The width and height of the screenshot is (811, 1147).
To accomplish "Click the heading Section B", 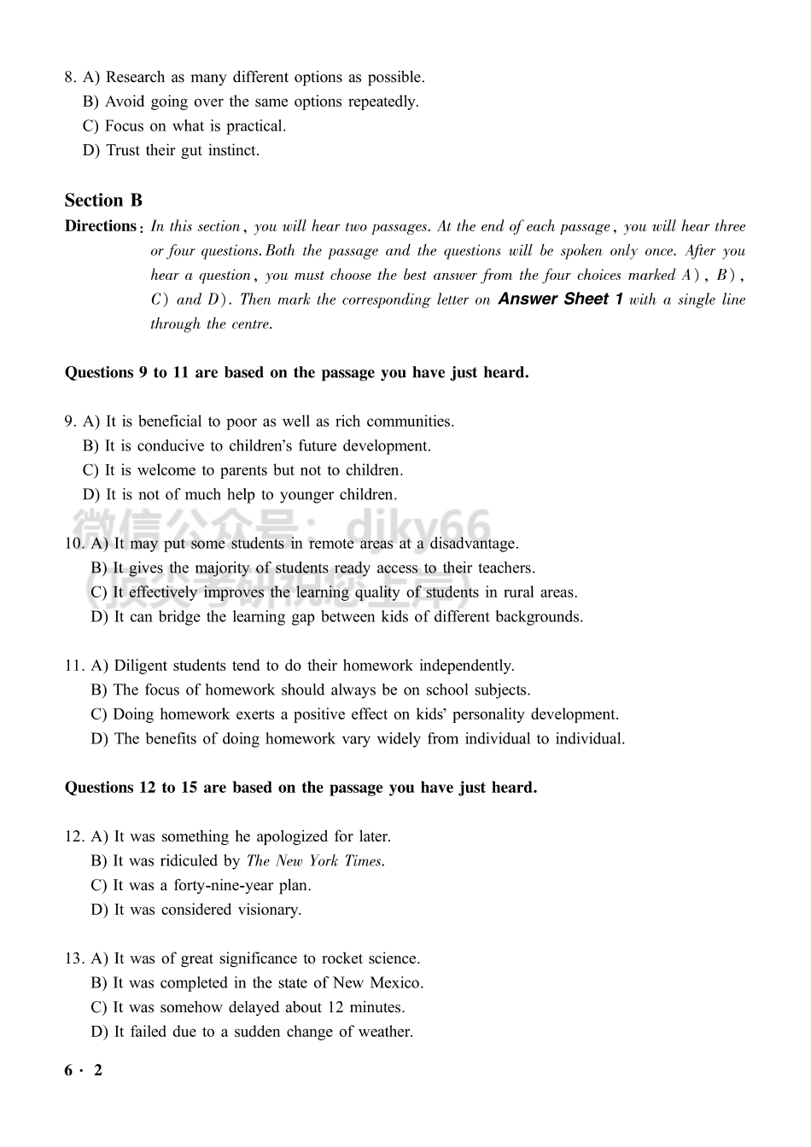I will tap(103, 201).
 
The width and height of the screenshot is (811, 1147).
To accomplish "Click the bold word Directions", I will tap(100, 226).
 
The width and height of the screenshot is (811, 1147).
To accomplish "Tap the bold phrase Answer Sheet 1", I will tap(560, 300).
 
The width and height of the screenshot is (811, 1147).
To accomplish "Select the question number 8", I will tap(70, 78).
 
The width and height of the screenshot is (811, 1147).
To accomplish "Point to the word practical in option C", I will tap(255, 126).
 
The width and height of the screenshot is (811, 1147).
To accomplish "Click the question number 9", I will tap(70, 422).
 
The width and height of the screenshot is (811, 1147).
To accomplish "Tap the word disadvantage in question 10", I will tap(474, 544).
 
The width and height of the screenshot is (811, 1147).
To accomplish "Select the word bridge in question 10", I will tap(178, 617).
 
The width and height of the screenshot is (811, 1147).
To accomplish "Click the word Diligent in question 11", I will tap(141, 666).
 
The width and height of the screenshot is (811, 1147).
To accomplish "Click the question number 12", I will tap(74, 836).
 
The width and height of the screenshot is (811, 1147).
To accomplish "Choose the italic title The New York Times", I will tap(315, 861).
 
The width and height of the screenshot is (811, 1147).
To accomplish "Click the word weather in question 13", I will tap(385, 1032).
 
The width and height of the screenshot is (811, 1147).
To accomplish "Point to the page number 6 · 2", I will tap(83, 1070).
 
